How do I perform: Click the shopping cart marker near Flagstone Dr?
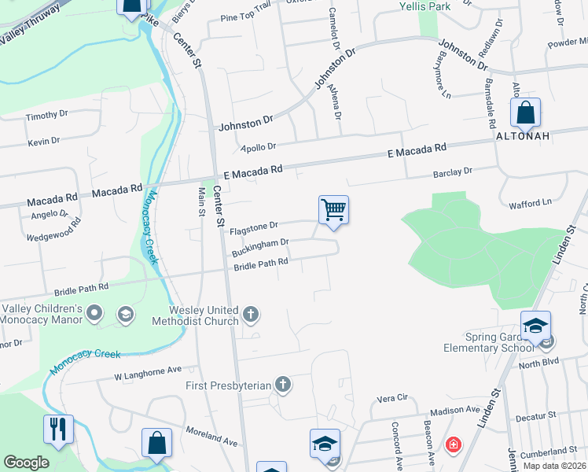(333, 211)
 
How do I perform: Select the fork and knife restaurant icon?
(58, 430)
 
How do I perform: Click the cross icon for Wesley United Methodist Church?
(251, 315)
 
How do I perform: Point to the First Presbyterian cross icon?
(283, 385)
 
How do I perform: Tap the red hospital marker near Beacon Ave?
(454, 446)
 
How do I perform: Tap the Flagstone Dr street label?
(254, 228)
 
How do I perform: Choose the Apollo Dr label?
(259, 147)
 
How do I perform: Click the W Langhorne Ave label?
(148, 371)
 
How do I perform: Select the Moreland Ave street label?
(212, 437)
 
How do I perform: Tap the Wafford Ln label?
(530, 203)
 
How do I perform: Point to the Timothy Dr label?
(47, 116)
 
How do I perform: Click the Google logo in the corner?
(26, 463)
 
